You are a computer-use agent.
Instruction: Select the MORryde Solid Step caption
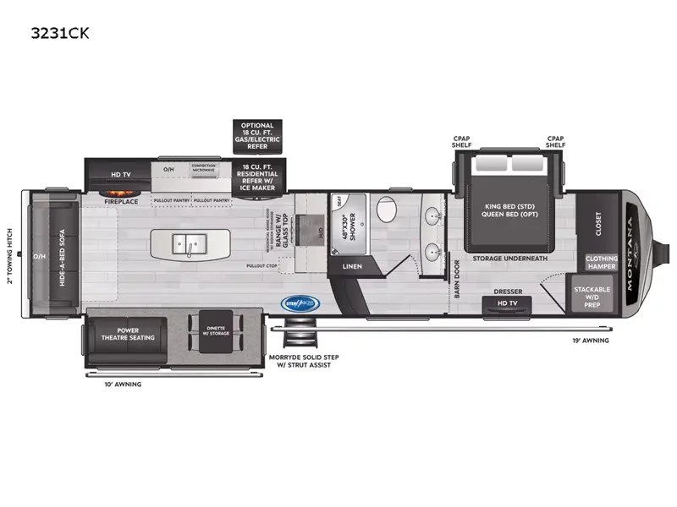(x=300, y=361)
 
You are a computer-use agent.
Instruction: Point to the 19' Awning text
(x=589, y=340)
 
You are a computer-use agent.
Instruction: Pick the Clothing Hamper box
(x=602, y=262)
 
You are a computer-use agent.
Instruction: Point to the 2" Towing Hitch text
(x=11, y=255)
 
